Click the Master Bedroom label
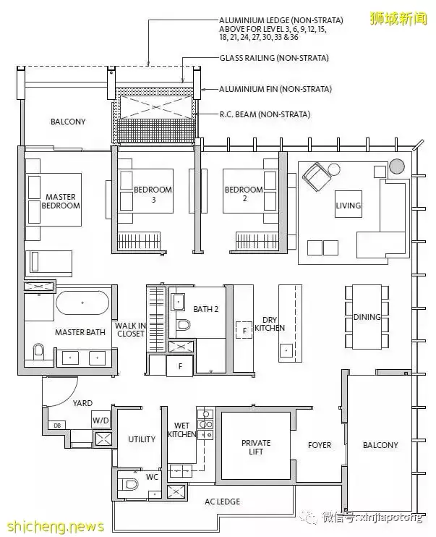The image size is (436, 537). [61, 201]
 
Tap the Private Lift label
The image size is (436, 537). [256, 447]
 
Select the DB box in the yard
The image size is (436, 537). [57, 426]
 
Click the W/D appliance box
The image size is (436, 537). [101, 420]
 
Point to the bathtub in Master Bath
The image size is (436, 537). [82, 303]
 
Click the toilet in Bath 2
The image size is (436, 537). [183, 324]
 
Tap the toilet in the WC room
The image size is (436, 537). [129, 484]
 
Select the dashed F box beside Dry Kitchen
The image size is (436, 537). [244, 330]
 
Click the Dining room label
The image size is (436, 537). [367, 317]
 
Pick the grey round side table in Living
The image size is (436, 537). [397, 166]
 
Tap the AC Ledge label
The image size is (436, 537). [222, 502]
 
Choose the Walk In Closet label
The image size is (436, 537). [130, 329]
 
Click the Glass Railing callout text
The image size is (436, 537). [274, 58]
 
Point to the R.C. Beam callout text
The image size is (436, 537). [265, 114]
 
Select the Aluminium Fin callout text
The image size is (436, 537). [275, 89]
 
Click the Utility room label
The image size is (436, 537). [142, 439]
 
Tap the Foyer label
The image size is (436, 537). [320, 445]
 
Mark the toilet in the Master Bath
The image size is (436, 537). [38, 352]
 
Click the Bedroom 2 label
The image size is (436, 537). [244, 193]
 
